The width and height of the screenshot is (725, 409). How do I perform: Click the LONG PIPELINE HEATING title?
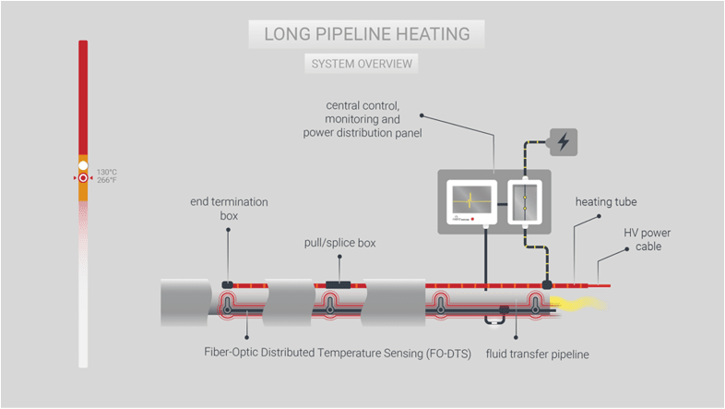tap(366, 35)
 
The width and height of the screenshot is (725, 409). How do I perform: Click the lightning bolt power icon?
tap(563, 142)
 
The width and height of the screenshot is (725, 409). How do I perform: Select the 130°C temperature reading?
tap(107, 172)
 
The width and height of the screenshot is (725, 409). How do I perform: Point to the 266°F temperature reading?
tap(107, 180)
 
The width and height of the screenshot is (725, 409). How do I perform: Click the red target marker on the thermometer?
tap(83, 177)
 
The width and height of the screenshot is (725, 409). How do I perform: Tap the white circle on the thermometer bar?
tap(83, 165)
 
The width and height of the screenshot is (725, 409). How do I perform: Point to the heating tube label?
tap(606, 201)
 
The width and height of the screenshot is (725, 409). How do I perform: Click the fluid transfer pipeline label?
tap(537, 353)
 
